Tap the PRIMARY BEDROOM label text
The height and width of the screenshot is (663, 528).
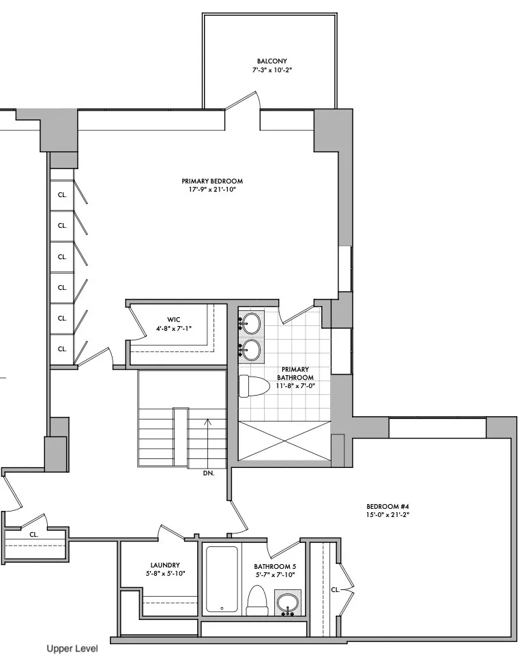[212, 181]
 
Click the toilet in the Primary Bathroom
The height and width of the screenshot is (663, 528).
[252, 385]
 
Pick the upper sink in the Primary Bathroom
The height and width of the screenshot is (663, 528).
[252, 322]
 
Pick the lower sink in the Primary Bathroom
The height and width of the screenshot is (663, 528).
[252, 349]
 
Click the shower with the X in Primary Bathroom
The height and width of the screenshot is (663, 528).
[282, 441]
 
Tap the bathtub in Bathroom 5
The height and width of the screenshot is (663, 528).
[222, 578]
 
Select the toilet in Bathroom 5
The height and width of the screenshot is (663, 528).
[257, 600]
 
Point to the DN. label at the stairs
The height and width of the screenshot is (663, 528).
[209, 473]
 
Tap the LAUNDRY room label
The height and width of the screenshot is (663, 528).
[165, 565]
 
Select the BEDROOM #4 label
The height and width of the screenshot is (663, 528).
[387, 505]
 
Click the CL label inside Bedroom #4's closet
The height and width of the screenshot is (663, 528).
[335, 589]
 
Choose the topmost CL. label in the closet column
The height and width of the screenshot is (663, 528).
[62, 194]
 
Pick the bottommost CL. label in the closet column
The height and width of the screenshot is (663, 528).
[62, 349]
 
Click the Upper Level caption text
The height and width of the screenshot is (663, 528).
[72, 649]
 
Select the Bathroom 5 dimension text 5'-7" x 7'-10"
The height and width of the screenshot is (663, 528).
[274, 576]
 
